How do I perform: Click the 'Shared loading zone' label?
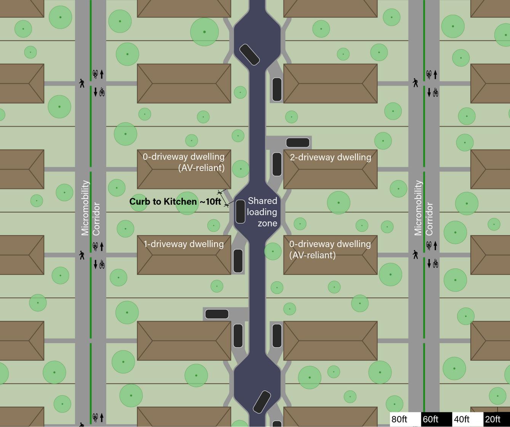(262, 212)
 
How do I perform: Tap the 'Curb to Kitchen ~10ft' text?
(175, 202)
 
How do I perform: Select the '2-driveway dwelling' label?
(331, 157)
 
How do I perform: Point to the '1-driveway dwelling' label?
(184, 244)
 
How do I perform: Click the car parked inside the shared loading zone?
(240, 211)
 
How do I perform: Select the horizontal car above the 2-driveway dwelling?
(297, 143)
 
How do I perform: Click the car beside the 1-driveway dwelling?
(238, 261)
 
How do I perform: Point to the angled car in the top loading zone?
(249, 55)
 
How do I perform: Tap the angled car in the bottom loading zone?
(262, 402)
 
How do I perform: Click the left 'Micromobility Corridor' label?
(91, 208)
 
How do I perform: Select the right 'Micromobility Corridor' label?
(424, 208)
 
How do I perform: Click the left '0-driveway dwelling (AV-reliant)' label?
(184, 162)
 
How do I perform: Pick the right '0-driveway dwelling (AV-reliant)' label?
(330, 249)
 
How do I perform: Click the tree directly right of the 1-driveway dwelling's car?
(273, 252)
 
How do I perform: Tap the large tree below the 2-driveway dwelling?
(339, 203)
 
